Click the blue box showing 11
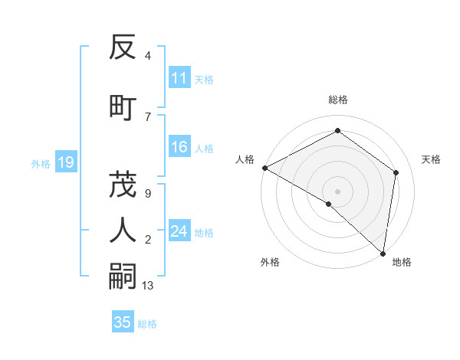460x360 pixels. tap(179, 78)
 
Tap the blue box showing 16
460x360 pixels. tap(179, 148)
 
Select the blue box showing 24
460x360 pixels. tap(179, 232)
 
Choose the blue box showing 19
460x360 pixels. tap(65, 162)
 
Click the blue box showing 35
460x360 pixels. tap(123, 322)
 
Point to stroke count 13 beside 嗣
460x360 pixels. tap(148, 286)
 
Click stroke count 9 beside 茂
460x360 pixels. tap(147, 194)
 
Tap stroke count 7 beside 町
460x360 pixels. tap(147, 116)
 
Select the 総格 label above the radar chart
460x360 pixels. tap(338, 100)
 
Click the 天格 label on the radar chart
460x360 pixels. tap(431, 159)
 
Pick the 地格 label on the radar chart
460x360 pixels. tap(402, 262)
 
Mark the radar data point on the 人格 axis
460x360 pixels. tap(264, 168)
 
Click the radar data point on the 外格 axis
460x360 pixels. tap(329, 204)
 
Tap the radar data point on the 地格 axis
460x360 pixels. tap(383, 253)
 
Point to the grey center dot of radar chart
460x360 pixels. tap(338, 191)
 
